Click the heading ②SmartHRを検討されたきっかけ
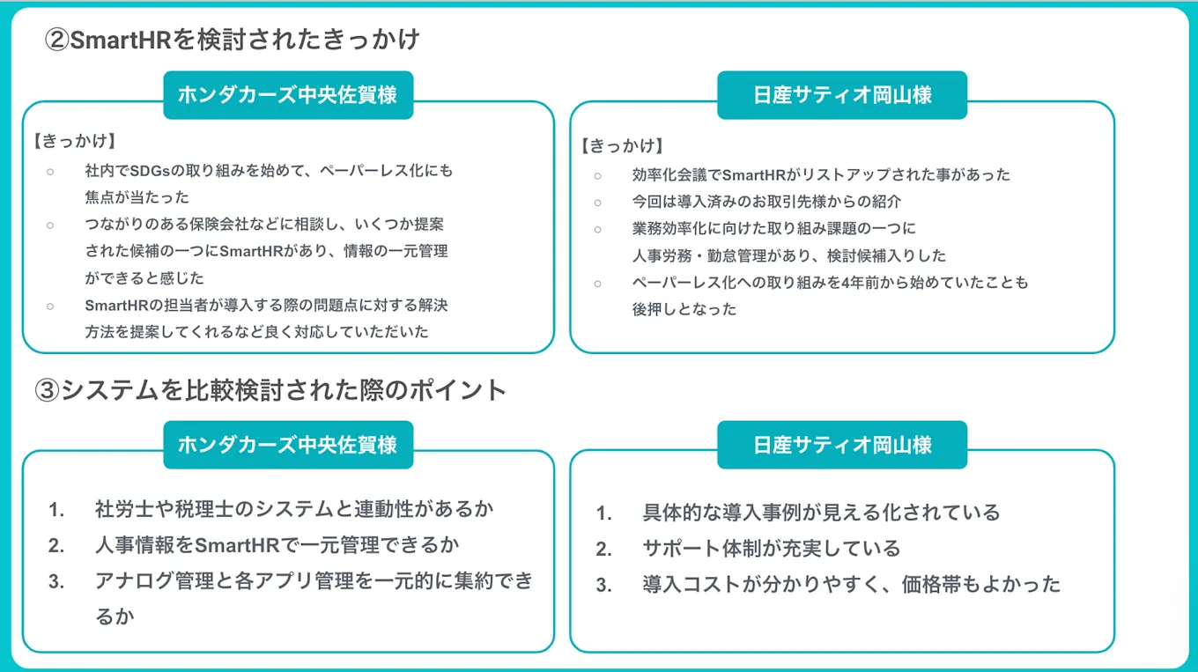[233, 41]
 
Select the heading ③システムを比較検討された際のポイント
[270, 390]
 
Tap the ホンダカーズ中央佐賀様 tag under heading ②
[288, 95]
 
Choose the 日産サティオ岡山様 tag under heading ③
[841, 445]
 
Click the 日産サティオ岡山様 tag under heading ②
[841, 95]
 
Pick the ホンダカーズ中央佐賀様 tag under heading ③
[288, 445]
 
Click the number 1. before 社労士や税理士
[57, 509]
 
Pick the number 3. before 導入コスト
[603, 586]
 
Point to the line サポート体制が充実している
[771, 549]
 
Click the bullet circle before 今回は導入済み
[597, 202]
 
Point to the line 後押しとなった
[684, 310]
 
